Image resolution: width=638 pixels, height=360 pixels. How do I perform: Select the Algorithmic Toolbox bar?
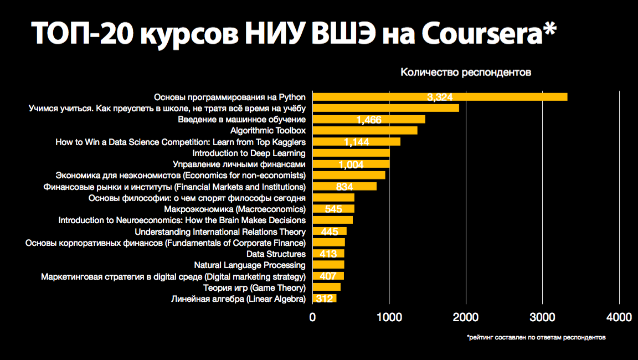pyautogui.click(x=365, y=131)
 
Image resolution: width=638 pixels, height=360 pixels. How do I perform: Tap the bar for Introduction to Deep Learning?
pyautogui.click(x=351, y=153)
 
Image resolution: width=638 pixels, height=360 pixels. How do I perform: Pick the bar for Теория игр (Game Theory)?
pyautogui.click(x=327, y=287)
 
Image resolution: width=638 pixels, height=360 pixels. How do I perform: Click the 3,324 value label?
pyautogui.click(x=440, y=97)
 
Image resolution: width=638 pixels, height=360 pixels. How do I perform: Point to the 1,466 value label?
pyautogui.click(x=369, y=120)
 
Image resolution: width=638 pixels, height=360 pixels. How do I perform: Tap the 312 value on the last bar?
pyautogui.click(x=325, y=299)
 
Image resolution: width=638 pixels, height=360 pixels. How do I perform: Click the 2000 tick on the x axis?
pyautogui.click(x=466, y=317)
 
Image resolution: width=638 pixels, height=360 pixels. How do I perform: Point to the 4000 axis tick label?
pyautogui.click(x=619, y=317)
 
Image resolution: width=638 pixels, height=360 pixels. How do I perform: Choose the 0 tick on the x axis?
pyautogui.click(x=313, y=317)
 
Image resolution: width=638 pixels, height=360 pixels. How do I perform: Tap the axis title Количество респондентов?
pyautogui.click(x=466, y=72)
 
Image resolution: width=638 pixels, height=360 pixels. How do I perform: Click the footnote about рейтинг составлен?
pyautogui.click(x=536, y=337)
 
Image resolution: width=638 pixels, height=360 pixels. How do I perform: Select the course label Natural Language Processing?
pyautogui.click(x=250, y=265)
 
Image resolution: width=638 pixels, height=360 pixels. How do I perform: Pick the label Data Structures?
pyautogui.click(x=276, y=254)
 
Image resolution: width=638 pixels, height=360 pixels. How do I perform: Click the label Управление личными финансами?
pyautogui.click(x=239, y=164)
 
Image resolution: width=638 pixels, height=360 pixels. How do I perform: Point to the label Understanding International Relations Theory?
pyautogui.click(x=220, y=232)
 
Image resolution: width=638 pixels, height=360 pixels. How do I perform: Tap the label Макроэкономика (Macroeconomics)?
pyautogui.click(x=235, y=209)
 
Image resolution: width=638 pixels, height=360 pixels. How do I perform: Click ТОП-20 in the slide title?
pyautogui.click(x=81, y=34)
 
